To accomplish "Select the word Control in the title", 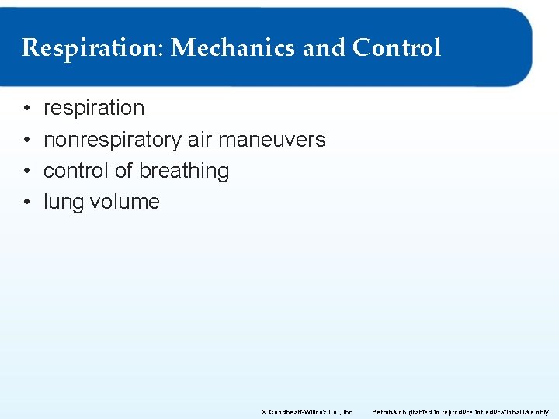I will [x=397, y=48].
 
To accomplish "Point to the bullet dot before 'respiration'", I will [x=26, y=109].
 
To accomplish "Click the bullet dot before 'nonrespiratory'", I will [x=26, y=140].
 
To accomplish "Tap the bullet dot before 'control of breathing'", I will [x=26, y=171].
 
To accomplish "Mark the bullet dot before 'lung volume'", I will [x=26, y=202].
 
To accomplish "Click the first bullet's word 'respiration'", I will [x=94, y=108].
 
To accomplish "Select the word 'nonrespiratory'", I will [x=113, y=140].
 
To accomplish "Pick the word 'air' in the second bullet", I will [x=200, y=140].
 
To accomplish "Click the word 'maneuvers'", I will [x=272, y=140].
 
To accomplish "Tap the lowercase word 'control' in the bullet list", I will [x=76, y=171].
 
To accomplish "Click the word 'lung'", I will [x=63, y=203].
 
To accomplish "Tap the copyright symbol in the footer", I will [x=264, y=411].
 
